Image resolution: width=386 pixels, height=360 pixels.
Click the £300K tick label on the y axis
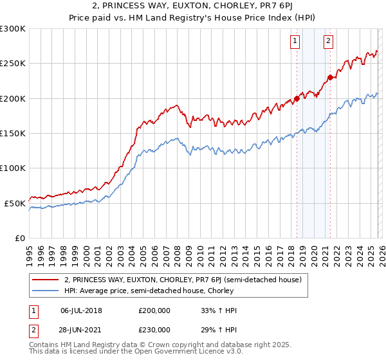pyautogui.click(x=13, y=29)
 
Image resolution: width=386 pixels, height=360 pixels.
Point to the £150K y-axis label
pyautogui.click(x=13, y=134)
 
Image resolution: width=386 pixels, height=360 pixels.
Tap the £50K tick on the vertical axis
pyautogui.click(x=15, y=203)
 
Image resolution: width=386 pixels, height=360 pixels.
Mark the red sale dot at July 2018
pyautogui.click(x=297, y=99)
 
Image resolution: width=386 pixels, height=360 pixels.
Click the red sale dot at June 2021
pyautogui.click(x=330, y=78)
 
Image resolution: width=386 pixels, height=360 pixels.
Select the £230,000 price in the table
pyautogui.click(x=154, y=329)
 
